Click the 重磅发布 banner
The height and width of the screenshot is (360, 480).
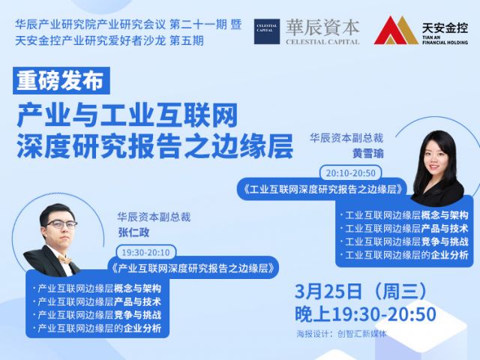point(61,80)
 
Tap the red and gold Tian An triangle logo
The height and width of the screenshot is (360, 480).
point(396,31)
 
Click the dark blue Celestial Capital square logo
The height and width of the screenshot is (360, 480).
point(267,31)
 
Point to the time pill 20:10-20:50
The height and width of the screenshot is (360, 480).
point(350,173)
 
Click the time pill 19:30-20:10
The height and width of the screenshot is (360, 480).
point(145,252)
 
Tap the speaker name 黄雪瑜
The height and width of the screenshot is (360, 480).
point(368,153)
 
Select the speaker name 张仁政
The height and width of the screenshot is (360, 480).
point(133,232)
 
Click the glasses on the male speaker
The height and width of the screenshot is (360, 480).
point(61,225)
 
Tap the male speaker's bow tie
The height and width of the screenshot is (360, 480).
point(65,260)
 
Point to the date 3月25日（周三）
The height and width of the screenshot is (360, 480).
point(361,291)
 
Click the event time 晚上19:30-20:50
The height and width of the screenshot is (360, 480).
point(365,314)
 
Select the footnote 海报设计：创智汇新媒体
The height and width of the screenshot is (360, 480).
point(341,334)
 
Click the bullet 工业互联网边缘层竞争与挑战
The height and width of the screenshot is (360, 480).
point(406,241)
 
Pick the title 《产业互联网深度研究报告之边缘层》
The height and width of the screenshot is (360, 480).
point(193,268)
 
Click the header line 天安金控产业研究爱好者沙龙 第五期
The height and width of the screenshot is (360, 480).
point(109,40)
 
